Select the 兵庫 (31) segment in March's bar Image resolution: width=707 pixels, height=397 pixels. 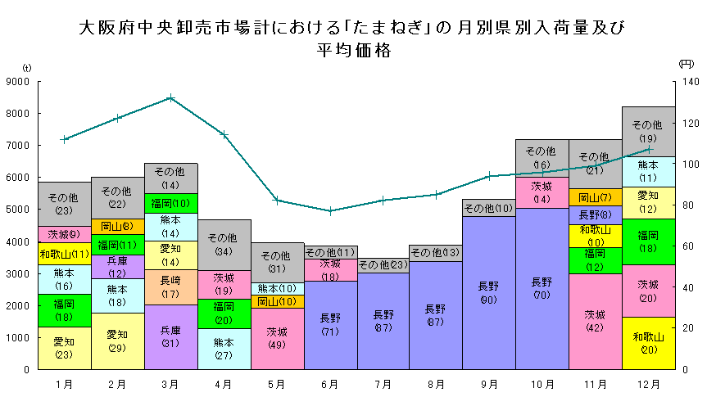pos(170,336)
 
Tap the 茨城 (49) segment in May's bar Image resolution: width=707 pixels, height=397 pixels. pos(277,338)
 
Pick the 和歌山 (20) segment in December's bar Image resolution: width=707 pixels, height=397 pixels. pos(648,342)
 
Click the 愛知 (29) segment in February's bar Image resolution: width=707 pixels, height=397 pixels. pos(117,341)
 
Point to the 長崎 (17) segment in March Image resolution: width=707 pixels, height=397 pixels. pos(170,286)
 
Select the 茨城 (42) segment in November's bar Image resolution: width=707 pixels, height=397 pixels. pos(596,321)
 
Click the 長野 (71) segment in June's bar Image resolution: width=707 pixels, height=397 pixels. pos(330,324)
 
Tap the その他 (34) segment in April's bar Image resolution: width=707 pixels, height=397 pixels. pos(224,245)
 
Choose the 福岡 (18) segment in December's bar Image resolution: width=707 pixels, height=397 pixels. pos(648,241)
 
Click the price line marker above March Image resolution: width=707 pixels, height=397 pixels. pos(170,97)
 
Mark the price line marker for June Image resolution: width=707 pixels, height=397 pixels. pos(330,210)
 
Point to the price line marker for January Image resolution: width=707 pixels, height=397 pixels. pos(64,139)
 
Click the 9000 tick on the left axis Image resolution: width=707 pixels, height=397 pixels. pos(17,81)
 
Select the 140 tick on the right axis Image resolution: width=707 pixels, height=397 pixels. pos(687,81)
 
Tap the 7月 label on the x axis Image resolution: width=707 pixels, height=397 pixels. pos(383,383)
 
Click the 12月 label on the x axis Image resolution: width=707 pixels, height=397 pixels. pos(648,383)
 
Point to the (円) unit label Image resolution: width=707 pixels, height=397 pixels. pos(687,63)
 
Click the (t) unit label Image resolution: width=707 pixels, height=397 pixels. pos(27,67)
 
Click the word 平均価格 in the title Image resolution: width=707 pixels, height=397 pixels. pos(353,49)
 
